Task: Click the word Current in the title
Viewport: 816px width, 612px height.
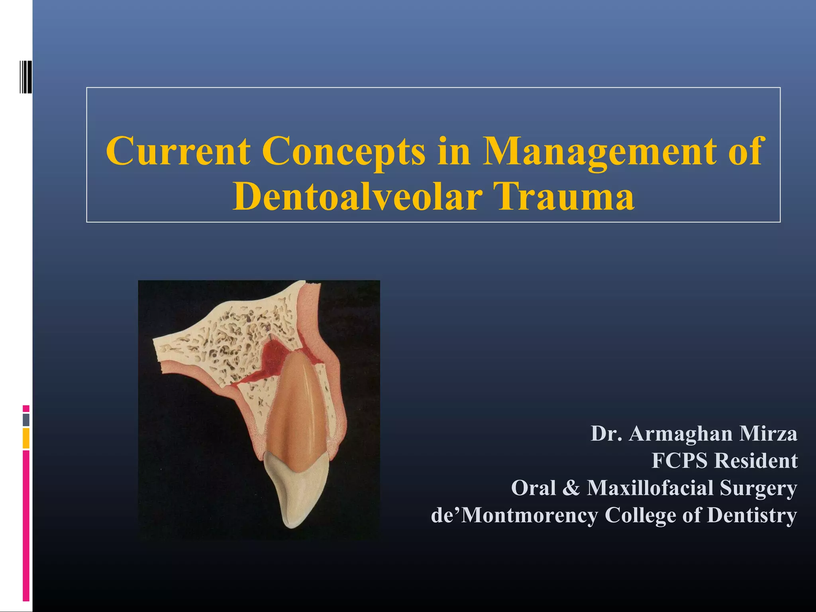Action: pos(178,151)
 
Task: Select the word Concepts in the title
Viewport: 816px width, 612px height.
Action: pos(343,151)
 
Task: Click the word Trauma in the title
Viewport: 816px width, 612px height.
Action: pos(565,197)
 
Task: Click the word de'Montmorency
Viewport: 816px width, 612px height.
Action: pos(514,515)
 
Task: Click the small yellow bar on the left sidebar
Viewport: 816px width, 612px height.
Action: pos(26,438)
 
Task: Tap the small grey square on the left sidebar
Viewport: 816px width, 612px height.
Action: pos(26,420)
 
